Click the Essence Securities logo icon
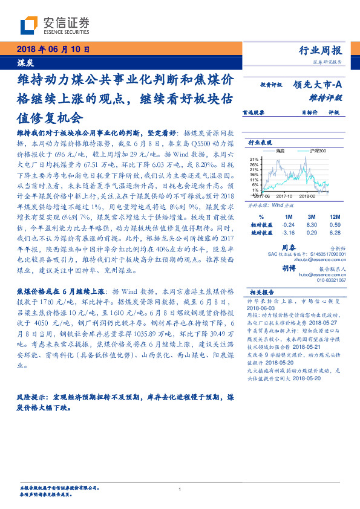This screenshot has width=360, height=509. (29, 25)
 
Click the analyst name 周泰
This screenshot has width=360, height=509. (289, 247)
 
